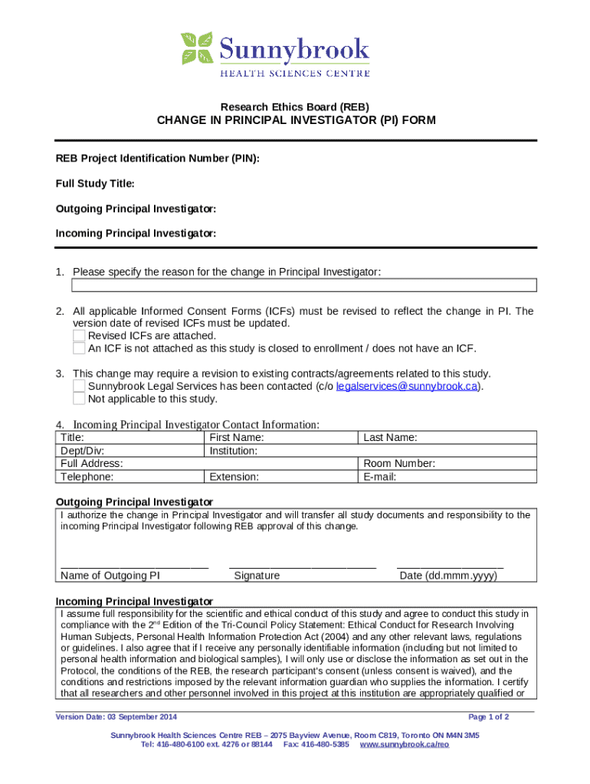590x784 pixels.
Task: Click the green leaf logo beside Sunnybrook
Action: coord(197,48)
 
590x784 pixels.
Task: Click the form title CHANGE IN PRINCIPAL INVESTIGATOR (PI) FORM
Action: coord(296,120)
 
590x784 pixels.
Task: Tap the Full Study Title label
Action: coord(95,184)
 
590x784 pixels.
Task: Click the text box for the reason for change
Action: coord(303,286)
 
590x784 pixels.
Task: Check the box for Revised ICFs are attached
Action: coord(79,336)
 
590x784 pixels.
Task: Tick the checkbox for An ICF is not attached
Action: coord(79,348)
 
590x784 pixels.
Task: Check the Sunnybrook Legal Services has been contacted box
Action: coord(79,386)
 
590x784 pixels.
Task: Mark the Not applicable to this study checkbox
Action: coord(79,399)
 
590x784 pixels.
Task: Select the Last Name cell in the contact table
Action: coord(447,437)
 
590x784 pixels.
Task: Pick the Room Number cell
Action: coord(447,463)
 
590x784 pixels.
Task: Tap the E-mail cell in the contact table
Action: coord(447,476)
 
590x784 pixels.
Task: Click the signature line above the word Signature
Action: coord(302,565)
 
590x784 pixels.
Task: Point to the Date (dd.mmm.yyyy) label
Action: coord(448,576)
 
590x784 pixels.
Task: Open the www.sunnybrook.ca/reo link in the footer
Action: coord(404,744)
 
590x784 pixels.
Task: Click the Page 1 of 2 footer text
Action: coord(488,717)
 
